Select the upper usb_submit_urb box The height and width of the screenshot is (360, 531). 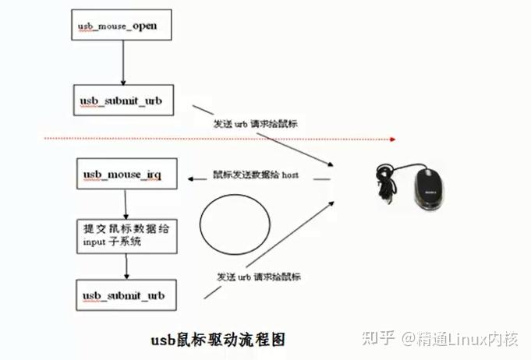pyautogui.click(x=123, y=101)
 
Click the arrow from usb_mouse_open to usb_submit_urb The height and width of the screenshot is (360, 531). pyautogui.click(x=123, y=63)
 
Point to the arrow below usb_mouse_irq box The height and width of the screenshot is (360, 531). pyautogui.click(x=123, y=204)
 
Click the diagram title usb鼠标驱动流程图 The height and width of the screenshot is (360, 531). pyautogui.click(x=214, y=340)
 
